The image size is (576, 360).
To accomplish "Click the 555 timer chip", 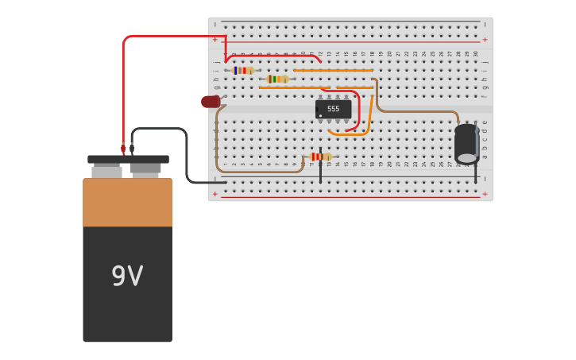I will click(333, 109).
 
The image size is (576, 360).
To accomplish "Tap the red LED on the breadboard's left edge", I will click(211, 102).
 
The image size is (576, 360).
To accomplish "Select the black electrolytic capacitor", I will click(466, 143).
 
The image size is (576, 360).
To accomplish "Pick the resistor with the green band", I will click(277, 79).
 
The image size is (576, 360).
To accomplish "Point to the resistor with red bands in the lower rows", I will click(320, 157).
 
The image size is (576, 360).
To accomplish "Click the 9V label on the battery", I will click(127, 277).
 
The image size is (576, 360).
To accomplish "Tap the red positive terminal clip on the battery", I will click(123, 149).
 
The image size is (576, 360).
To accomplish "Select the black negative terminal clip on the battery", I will click(132, 149).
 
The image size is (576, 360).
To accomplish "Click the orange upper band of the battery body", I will click(127, 203).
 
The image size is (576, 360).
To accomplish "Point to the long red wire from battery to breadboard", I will click(167, 37).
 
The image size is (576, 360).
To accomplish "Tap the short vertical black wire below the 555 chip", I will click(320, 171).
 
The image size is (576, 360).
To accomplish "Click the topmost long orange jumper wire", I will click(334, 71).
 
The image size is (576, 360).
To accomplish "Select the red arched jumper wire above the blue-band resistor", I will click(274, 55).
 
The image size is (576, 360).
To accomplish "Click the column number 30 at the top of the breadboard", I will click(475, 54).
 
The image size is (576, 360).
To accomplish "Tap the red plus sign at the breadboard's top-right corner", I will click(485, 39).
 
